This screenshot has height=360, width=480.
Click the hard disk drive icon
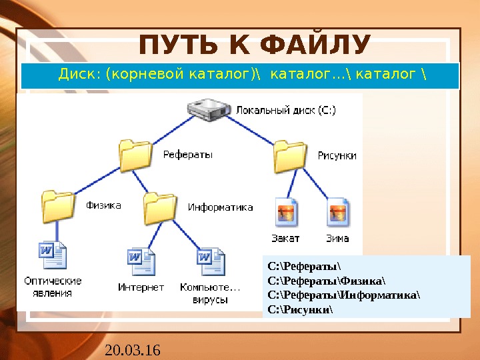coord(208,111)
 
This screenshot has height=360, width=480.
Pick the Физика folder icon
coord(58,205)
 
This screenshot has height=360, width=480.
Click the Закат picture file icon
coord(285,212)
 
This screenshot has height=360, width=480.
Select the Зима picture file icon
coord(338,212)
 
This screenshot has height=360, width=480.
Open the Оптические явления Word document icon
coord(53,257)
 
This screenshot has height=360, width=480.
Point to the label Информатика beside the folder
coord(220,207)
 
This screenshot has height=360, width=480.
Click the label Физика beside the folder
coord(103,205)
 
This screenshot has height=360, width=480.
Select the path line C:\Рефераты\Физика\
coord(326,281)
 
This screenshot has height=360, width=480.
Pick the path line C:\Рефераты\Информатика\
coord(344,295)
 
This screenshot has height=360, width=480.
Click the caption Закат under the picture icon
coord(285,237)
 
